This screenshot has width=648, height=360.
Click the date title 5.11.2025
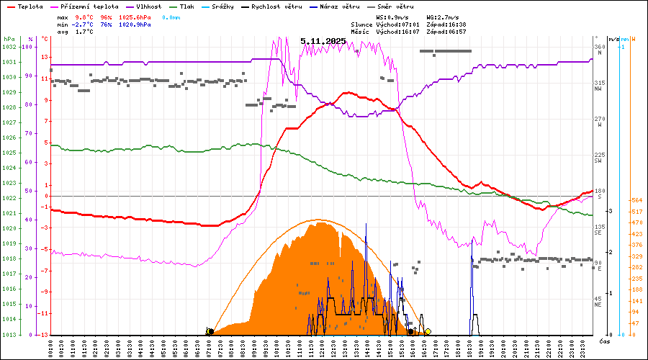click(323, 41)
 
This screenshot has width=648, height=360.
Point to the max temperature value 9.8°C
click(84, 17)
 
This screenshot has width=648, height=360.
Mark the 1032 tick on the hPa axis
click(9, 47)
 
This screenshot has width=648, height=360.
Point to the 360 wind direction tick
click(599, 47)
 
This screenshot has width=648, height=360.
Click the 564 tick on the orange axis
click(636, 200)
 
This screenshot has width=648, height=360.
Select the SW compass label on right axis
click(598, 160)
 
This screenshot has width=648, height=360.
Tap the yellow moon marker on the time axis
click(428, 331)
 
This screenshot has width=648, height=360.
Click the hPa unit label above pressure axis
click(9, 39)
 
